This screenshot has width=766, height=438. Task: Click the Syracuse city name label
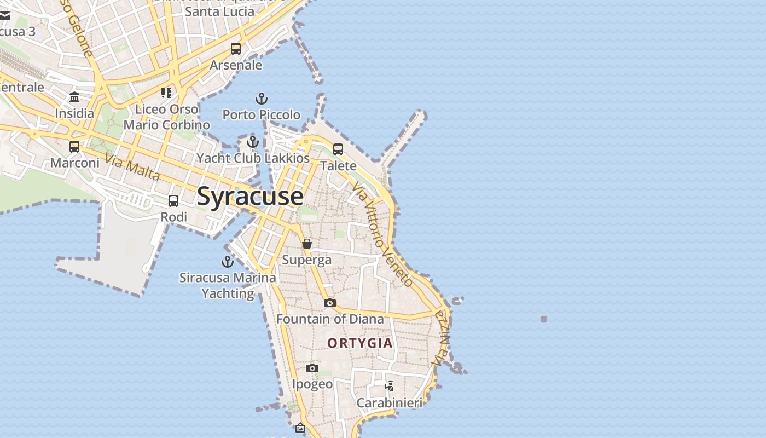click(250, 196)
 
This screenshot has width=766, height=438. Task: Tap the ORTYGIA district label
click(360, 343)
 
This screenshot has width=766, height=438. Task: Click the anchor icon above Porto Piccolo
click(262, 99)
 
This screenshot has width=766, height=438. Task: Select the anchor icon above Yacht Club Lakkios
click(252, 142)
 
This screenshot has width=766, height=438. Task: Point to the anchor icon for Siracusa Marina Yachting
click(227, 262)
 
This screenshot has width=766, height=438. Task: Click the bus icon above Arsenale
click(236, 49)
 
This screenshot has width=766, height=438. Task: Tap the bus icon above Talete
click(338, 149)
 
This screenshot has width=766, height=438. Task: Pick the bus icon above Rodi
click(173, 201)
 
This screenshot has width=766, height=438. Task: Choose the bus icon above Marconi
click(74, 147)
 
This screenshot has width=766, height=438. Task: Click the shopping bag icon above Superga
click(307, 244)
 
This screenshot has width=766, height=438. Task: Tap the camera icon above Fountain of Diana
click(329, 303)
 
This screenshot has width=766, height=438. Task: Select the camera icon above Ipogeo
click(312, 368)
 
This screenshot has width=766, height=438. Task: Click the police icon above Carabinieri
click(390, 387)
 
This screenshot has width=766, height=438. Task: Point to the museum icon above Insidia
click(74, 97)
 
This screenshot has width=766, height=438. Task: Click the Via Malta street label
click(132, 168)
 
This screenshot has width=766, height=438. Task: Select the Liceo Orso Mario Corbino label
click(166, 117)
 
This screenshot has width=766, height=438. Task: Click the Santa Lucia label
click(219, 11)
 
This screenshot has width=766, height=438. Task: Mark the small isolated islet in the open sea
click(543, 319)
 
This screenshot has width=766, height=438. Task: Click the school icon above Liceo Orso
click(166, 93)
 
